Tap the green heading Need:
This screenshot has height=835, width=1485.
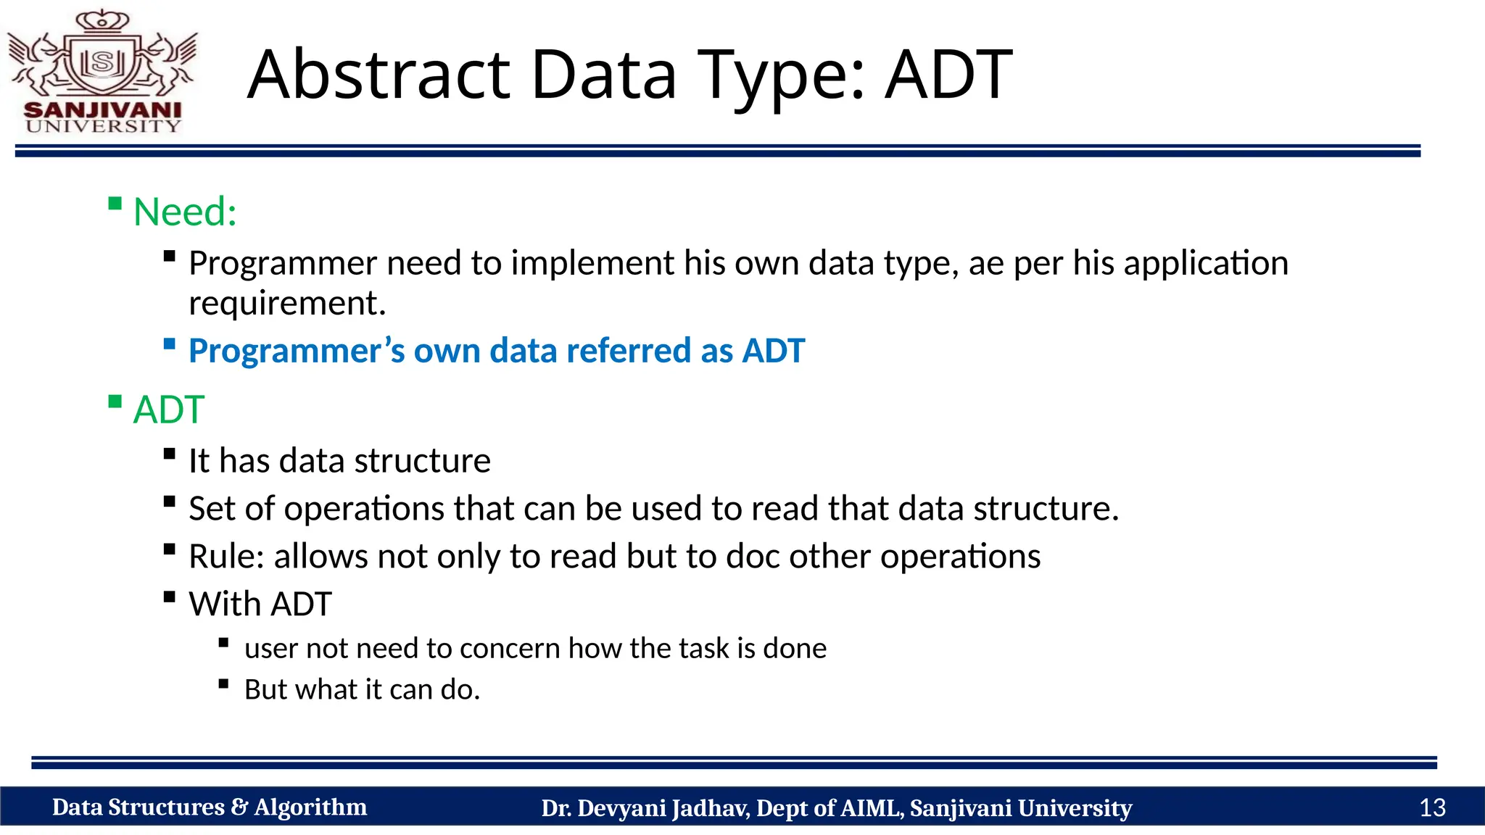[185, 212]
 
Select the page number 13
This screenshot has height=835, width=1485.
[1432, 807]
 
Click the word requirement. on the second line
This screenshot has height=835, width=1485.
[287, 303]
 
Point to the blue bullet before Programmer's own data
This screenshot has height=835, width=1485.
[170, 344]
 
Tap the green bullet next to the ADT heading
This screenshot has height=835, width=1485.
[115, 402]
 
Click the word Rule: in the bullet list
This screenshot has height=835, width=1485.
[226, 557]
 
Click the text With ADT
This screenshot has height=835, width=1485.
[260, 604]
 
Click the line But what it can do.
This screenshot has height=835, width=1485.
[362, 689]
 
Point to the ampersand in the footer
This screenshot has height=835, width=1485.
[239, 807]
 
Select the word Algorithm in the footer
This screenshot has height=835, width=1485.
[310, 807]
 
